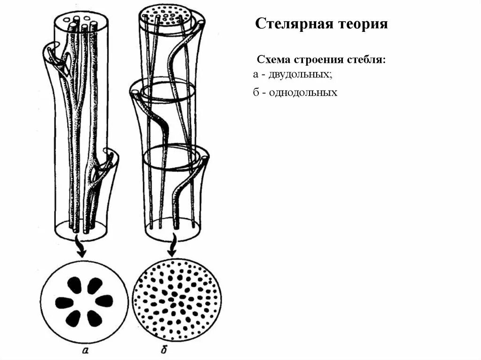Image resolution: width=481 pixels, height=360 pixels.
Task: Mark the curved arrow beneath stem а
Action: pyautogui.click(x=81, y=248)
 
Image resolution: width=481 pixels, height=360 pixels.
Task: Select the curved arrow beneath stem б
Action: pyautogui.click(x=174, y=245)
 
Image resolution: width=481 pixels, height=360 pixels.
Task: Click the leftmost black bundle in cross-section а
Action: pyautogui.click(x=64, y=302)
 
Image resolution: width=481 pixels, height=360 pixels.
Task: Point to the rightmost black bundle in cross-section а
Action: pyautogui.click(x=104, y=301)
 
